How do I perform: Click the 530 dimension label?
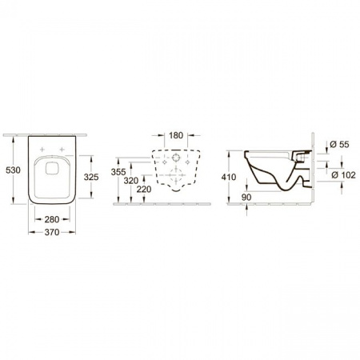click(13, 170)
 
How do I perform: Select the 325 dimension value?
click(91, 177)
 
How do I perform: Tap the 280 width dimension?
click(52, 219)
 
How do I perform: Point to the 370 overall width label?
click(52, 232)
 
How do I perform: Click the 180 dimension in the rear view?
click(176, 135)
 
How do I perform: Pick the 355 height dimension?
click(118, 172)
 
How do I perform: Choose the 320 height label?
click(131, 181)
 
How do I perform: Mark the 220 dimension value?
click(144, 190)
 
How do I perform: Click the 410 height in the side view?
click(229, 177)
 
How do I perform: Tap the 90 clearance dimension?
click(246, 198)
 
